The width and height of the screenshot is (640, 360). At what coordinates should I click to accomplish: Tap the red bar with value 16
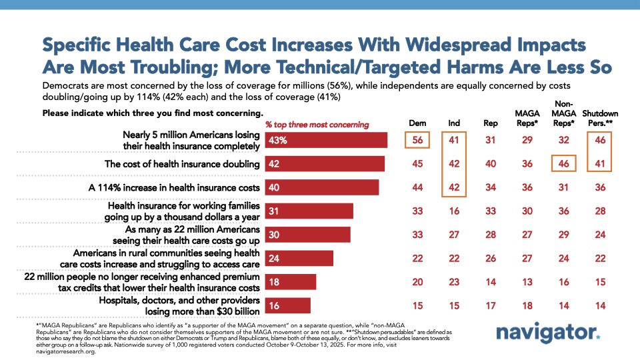pos(288,305)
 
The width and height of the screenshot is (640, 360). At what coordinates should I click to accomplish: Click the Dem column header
pos(417,123)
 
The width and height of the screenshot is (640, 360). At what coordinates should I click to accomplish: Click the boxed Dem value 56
pos(417,140)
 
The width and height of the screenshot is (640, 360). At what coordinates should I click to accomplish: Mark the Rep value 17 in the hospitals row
pos(491,305)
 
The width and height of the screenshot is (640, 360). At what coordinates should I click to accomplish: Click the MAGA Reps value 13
pos(527,282)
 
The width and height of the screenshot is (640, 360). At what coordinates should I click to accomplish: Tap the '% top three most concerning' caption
pos(317,125)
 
